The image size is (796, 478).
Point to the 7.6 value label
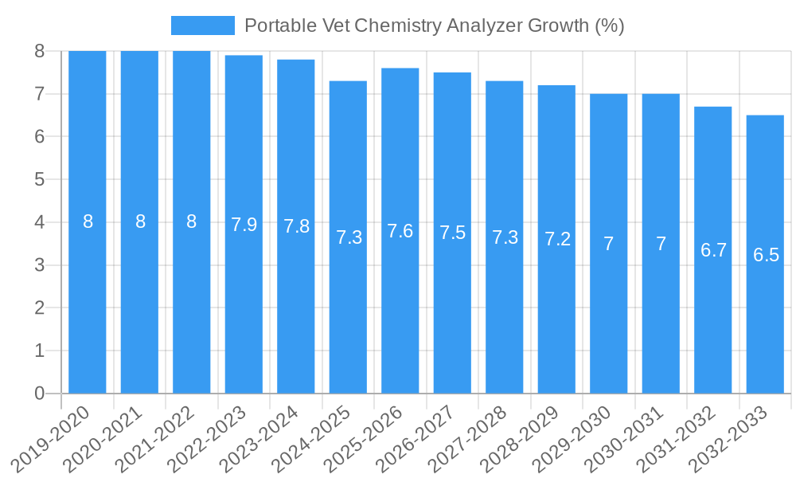(x=400, y=231)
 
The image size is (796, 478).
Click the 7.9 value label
(x=244, y=225)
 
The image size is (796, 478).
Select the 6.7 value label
(x=713, y=250)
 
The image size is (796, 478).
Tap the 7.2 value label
(x=557, y=239)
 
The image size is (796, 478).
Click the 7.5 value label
(x=452, y=233)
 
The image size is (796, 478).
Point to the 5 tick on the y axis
(x=39, y=179)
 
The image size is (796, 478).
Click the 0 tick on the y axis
(x=39, y=394)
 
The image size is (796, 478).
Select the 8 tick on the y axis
(x=39, y=51)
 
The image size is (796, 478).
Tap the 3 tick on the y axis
(x=39, y=265)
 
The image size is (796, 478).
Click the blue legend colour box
(x=203, y=25)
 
